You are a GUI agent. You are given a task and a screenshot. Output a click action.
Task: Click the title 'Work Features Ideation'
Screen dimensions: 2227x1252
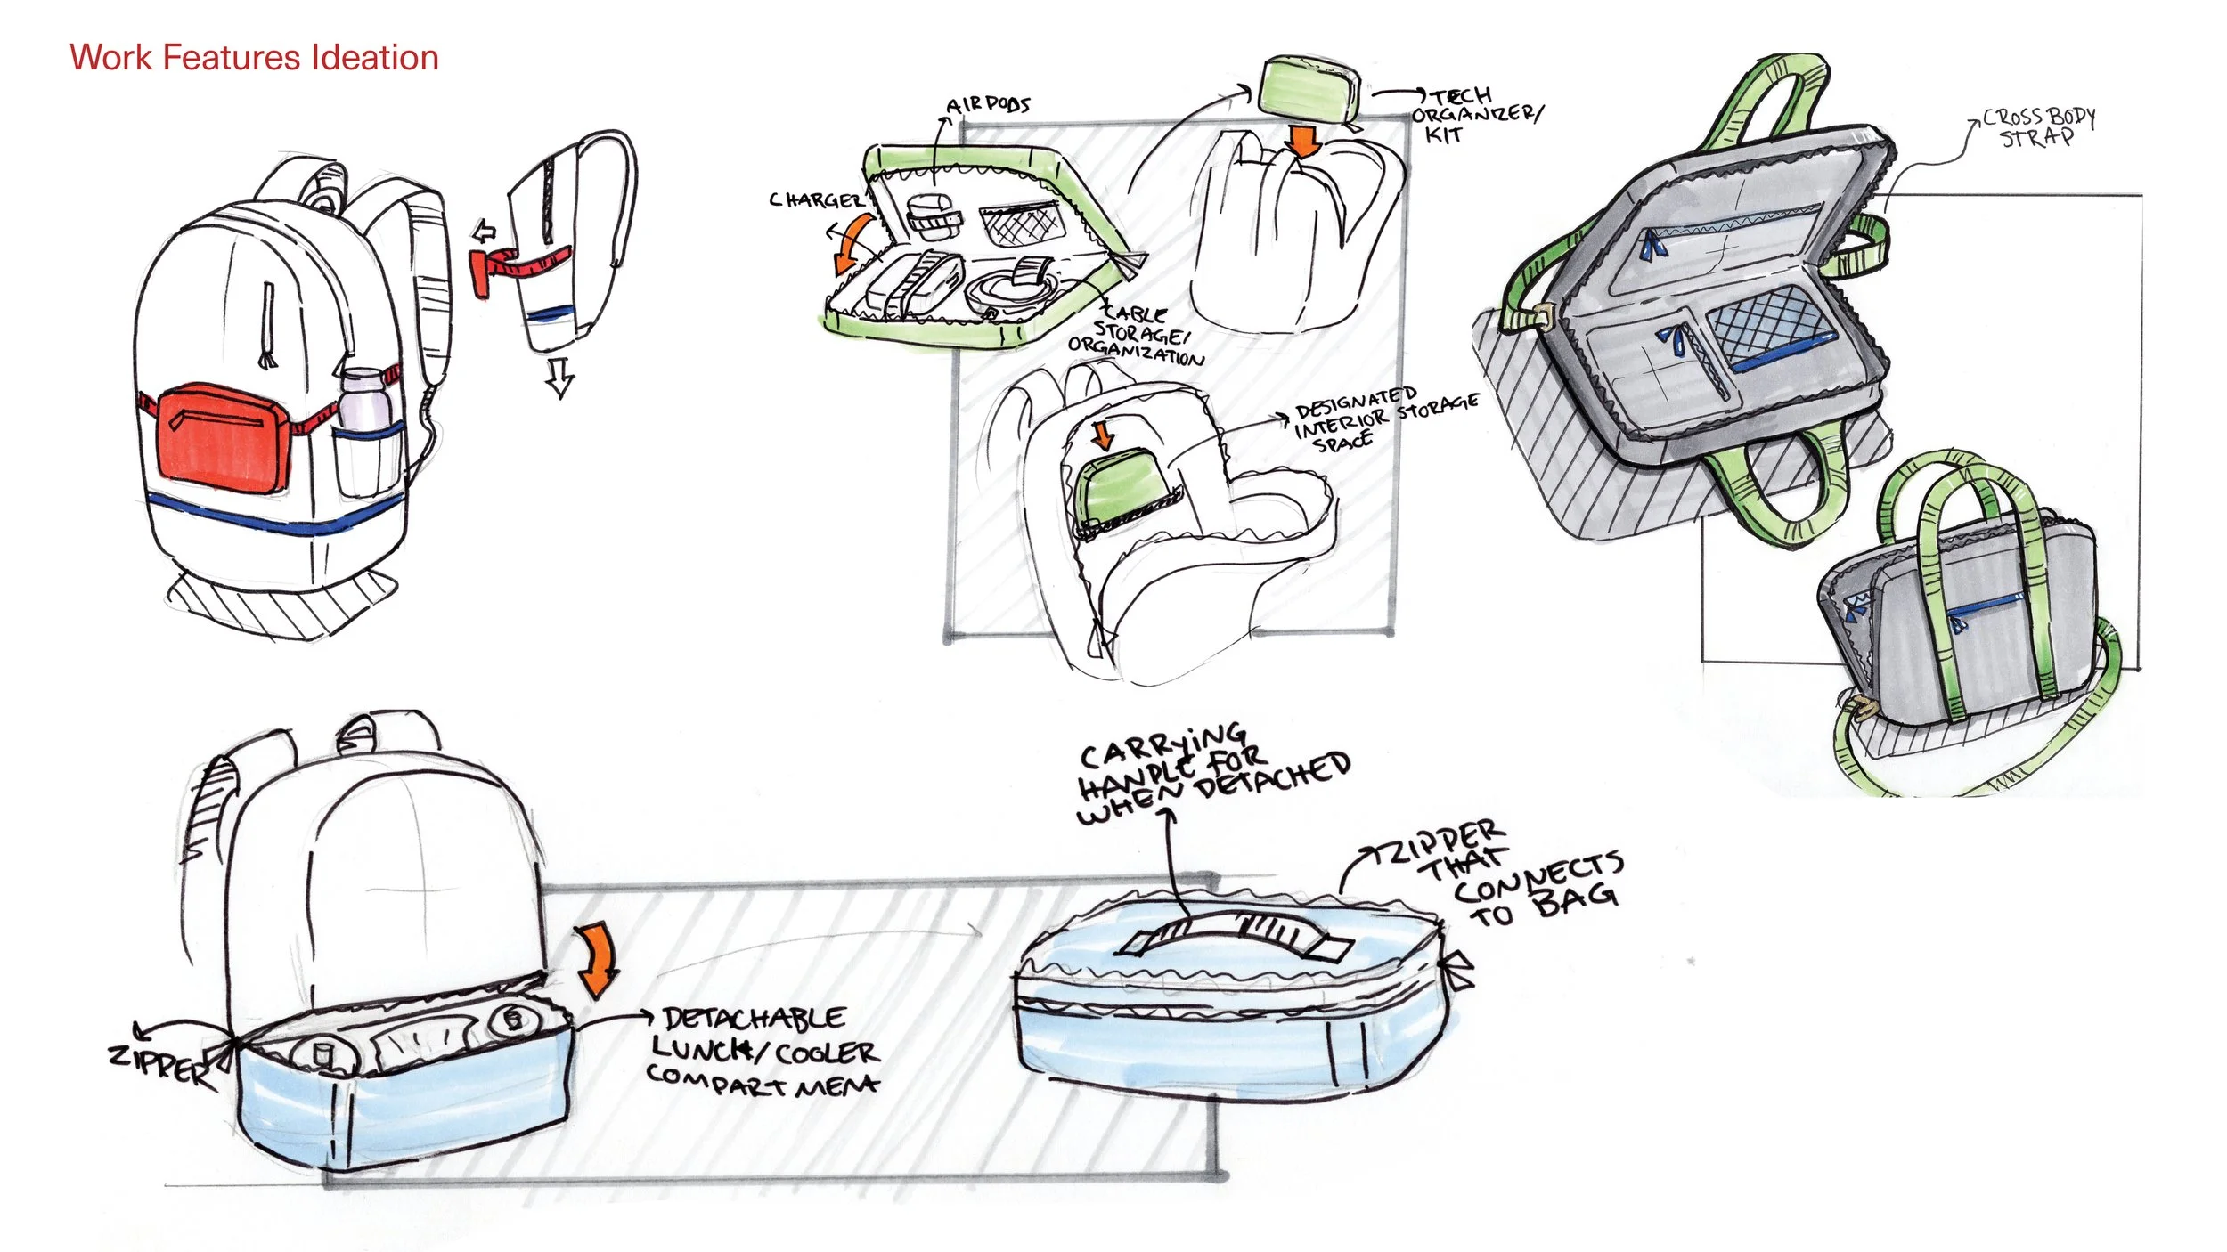254,58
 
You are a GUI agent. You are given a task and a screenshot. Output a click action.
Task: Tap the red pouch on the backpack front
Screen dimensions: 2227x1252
222,437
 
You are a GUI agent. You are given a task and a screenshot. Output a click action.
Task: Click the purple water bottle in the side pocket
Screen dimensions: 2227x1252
364,400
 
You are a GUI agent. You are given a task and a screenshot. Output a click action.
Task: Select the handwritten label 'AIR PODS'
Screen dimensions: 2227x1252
989,105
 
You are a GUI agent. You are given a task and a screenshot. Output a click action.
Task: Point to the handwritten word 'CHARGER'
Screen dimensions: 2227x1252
815,200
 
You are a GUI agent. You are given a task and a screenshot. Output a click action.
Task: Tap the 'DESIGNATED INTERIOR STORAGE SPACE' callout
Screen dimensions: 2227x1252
1381,417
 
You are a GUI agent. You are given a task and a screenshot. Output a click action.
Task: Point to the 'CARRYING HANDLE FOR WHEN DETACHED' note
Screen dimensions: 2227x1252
1211,770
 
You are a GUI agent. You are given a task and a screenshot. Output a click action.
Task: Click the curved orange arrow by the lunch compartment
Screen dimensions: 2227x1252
598,961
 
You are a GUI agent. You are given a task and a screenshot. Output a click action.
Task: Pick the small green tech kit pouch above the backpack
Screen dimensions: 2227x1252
1309,85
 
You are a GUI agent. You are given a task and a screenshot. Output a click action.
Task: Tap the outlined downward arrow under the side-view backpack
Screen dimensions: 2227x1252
559,377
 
